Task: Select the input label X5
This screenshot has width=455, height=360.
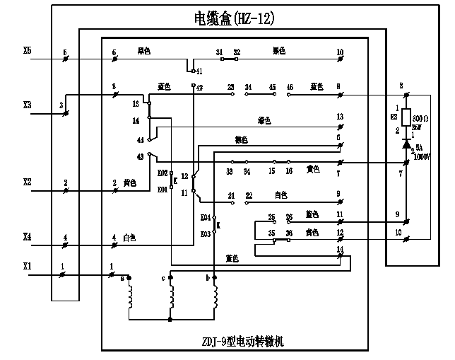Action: [28, 51]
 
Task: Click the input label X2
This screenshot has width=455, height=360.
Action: [28, 182]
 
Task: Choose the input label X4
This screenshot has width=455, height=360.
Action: [28, 238]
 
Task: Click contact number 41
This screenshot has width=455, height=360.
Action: [199, 71]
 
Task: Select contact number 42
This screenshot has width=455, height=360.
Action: [199, 88]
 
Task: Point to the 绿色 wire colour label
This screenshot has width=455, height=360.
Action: [265, 120]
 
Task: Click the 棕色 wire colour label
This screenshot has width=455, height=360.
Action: [241, 139]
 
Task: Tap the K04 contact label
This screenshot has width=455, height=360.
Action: [206, 217]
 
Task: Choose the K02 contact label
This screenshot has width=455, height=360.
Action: [162, 173]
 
